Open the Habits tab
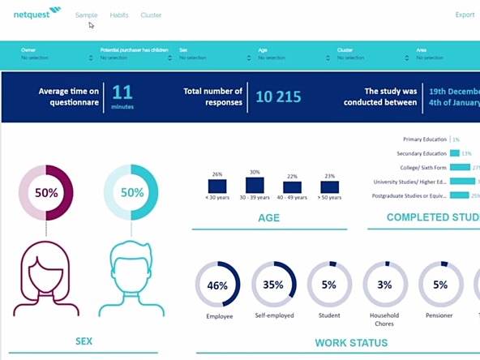pos(119,15)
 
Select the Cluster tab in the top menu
pos(151,15)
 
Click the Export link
pos(465,15)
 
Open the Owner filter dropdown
pos(56,54)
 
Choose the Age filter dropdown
pos(293,54)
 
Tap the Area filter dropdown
pos(446,54)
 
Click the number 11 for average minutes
pos(122,92)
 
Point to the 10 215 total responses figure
pos(278,96)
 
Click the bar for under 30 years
pos(216,186)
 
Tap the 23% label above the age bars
pos(329,176)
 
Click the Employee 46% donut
pos(217,285)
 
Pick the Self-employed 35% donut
pos(273,285)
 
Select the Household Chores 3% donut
pos(384,285)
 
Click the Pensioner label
pos(440,315)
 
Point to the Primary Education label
pos(425,139)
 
